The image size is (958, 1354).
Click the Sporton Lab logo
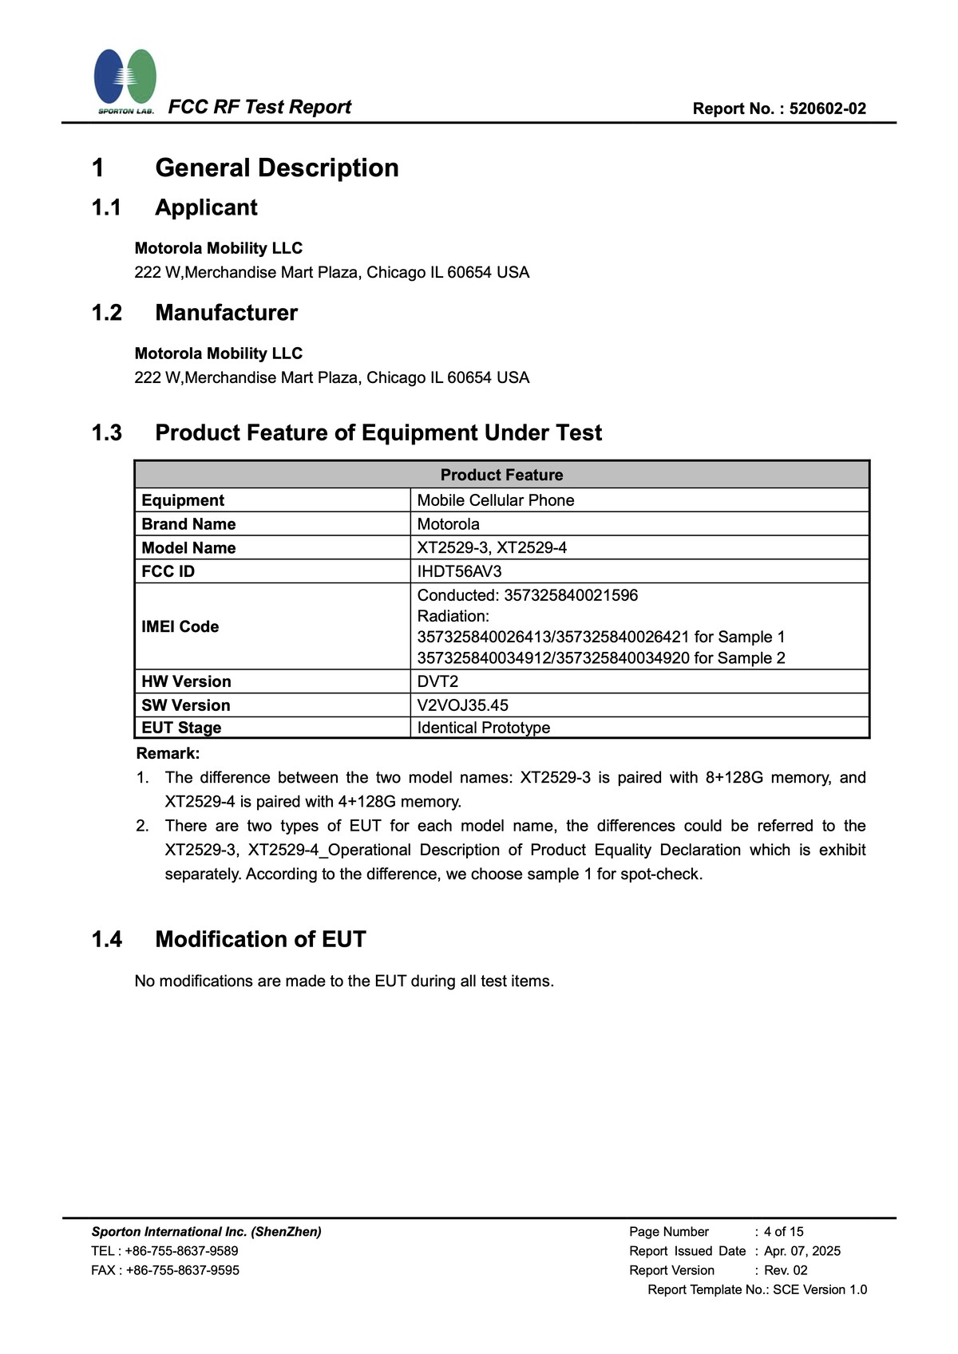(125, 81)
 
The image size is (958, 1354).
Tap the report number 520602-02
(827, 109)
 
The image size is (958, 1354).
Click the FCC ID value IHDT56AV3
(459, 571)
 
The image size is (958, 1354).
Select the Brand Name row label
(188, 524)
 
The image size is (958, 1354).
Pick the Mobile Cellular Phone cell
(495, 500)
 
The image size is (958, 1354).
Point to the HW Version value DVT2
(437, 681)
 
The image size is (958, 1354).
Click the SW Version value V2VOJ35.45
(462, 705)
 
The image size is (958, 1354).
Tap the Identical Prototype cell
(483, 728)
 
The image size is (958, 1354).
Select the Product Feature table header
(501, 475)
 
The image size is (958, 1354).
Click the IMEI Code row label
(180, 626)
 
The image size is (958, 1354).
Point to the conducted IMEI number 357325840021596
(571, 595)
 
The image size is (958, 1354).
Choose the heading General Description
(276, 168)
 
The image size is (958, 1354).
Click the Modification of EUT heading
(260, 939)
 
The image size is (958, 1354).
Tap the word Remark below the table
(168, 753)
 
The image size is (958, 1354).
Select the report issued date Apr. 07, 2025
(802, 1251)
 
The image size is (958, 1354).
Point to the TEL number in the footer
(181, 1251)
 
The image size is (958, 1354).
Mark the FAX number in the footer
(182, 1270)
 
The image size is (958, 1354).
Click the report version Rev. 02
(786, 1270)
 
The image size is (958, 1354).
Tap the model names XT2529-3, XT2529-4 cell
(492, 547)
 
